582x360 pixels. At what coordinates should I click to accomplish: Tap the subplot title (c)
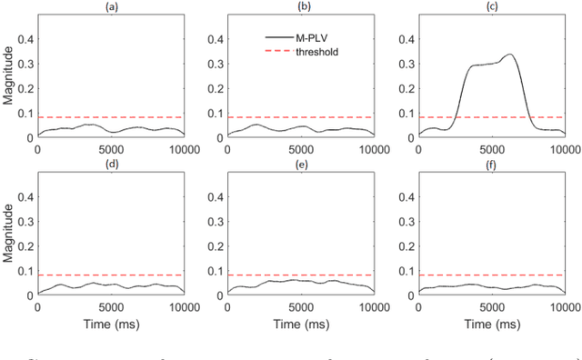pos(491,6)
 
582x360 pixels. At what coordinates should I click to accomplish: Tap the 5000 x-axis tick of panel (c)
pos(492,147)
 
